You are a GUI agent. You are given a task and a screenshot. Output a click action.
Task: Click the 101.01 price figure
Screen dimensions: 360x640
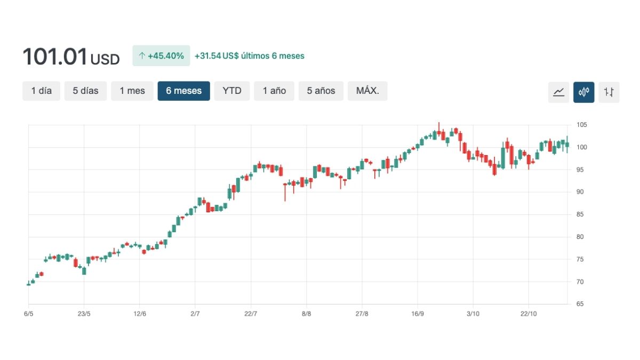click(x=54, y=57)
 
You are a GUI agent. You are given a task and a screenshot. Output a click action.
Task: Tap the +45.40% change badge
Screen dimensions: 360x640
click(x=161, y=55)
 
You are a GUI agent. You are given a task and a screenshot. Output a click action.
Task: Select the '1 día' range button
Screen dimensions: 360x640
click(x=42, y=91)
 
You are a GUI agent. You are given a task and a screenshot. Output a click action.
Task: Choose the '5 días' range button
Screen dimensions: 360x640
click(x=86, y=91)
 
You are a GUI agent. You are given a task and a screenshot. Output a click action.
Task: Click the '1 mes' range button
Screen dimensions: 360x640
click(x=132, y=91)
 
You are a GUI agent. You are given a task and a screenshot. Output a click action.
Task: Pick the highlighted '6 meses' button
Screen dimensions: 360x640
click(x=184, y=91)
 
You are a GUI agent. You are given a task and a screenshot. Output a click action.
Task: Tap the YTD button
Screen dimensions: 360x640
click(x=232, y=91)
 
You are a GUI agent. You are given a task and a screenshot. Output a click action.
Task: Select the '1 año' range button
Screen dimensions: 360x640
click(x=274, y=91)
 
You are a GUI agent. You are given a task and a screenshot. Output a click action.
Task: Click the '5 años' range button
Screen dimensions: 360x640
click(x=321, y=91)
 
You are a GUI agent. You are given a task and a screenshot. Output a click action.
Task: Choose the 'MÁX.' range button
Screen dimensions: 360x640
click(x=367, y=91)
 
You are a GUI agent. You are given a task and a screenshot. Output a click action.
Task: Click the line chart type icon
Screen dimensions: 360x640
click(x=558, y=92)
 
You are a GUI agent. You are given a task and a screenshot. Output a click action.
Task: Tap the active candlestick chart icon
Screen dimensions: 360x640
click(x=583, y=92)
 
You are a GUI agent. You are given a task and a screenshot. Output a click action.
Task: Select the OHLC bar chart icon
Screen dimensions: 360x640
click(x=609, y=92)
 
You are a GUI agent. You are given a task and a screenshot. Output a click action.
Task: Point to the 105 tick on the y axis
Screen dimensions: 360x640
click(x=581, y=125)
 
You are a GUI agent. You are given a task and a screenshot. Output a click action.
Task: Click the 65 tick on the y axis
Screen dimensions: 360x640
click(x=580, y=304)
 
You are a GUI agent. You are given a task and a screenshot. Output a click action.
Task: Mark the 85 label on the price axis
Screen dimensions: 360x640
click(x=580, y=214)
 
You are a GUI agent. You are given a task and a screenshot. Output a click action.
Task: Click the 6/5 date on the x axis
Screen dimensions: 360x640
click(x=29, y=314)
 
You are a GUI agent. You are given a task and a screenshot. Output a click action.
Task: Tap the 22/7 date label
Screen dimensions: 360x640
click(x=251, y=314)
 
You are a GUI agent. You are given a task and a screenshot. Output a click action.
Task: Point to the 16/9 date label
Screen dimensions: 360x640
click(x=418, y=314)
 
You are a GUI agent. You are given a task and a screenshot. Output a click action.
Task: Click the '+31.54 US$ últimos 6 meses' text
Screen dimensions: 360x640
click(x=250, y=55)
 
